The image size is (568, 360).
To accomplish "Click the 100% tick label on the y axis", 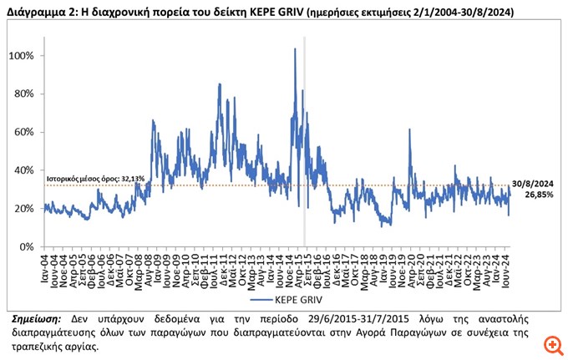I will (x=21, y=56).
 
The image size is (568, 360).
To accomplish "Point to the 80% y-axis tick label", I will (x=23, y=94).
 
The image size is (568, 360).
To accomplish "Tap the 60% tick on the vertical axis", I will (x=23, y=133).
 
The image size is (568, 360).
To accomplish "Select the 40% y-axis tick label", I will (x=23, y=171).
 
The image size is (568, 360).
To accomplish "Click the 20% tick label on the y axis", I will (x=23, y=209).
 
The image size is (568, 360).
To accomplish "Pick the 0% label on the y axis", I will (x=26, y=247).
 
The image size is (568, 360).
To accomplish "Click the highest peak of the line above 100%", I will (x=295, y=49).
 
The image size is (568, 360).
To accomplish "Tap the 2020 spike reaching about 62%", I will (x=409, y=129).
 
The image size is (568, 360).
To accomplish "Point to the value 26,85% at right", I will (x=539, y=194).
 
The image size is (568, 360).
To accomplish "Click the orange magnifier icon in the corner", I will (x=550, y=344).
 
